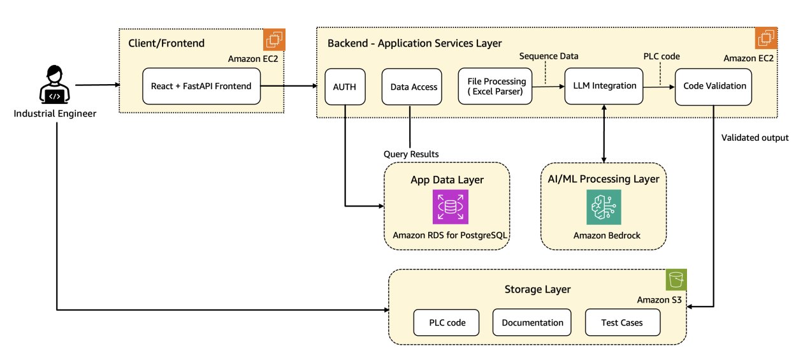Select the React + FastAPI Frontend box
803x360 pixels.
tap(202, 86)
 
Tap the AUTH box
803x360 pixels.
tap(345, 86)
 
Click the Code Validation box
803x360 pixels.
tap(714, 86)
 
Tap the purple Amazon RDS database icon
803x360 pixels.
tap(450, 206)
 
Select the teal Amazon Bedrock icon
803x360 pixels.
tap(604, 206)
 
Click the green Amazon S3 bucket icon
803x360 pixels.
tap(676, 280)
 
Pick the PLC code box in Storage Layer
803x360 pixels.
tap(447, 322)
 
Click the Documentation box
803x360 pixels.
tap(532, 322)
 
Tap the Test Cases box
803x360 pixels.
tap(622, 322)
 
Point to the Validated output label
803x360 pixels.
tap(755, 137)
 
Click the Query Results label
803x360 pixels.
tap(412, 154)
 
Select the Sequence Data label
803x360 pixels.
tap(549, 56)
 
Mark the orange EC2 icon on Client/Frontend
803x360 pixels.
tap(275, 40)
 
